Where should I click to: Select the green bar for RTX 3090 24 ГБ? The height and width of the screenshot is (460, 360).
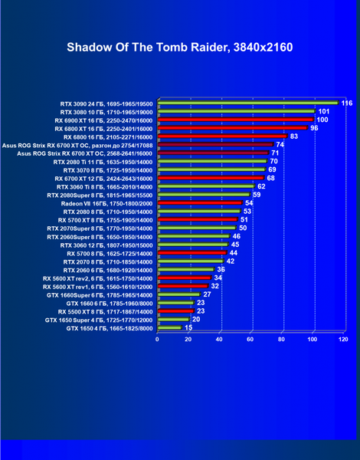pyautogui.click(x=248, y=103)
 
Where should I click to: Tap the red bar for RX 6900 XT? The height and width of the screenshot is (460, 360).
pyautogui.click(x=236, y=120)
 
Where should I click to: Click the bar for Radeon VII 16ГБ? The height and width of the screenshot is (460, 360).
pyautogui.click(x=200, y=202)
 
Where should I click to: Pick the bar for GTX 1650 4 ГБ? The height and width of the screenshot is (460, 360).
pyautogui.click(x=170, y=327)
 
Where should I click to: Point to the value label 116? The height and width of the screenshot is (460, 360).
pyautogui.click(x=347, y=103)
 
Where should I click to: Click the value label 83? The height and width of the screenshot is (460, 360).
pyautogui.click(x=294, y=136)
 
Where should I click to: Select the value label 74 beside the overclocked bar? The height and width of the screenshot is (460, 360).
pyautogui.click(x=280, y=144)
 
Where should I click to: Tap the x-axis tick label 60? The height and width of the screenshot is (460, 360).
pyautogui.click(x=250, y=340)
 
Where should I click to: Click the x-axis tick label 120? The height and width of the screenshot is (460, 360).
pyautogui.click(x=343, y=340)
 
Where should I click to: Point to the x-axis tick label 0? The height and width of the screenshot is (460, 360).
pyautogui.click(x=157, y=340)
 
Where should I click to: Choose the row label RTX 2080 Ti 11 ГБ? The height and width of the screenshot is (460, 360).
pyautogui.click(x=103, y=163)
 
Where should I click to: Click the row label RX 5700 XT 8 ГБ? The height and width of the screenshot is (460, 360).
pyautogui.click(x=105, y=220)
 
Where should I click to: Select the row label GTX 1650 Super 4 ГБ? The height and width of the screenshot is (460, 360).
pyautogui.click(x=99, y=320)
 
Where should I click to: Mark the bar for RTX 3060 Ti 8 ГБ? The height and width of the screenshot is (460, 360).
pyautogui.click(x=206, y=186)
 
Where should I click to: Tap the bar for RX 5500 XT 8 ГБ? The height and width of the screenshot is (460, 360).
pyautogui.click(x=176, y=310)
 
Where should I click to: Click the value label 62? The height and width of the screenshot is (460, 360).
pyautogui.click(x=261, y=186)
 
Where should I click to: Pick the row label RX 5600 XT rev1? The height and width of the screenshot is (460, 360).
pyautogui.click(x=97, y=287)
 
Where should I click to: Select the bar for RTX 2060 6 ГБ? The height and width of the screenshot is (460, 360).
pyautogui.click(x=186, y=269)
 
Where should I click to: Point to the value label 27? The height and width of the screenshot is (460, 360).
pyautogui.click(x=207, y=294)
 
